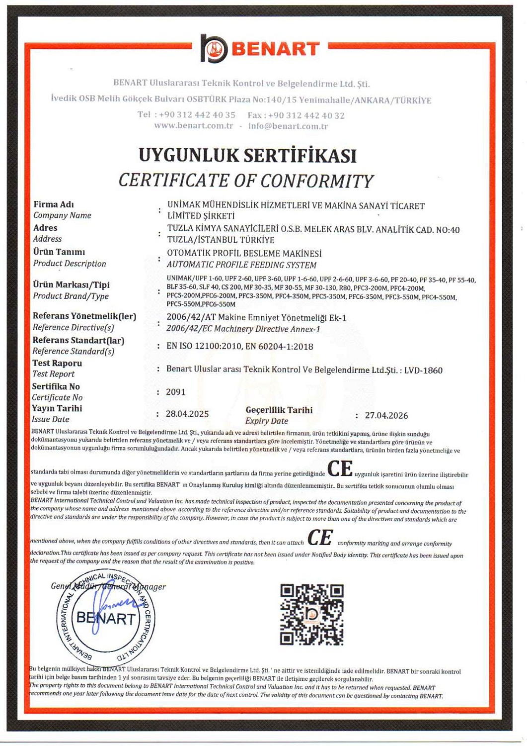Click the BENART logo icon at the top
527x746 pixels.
click(214, 48)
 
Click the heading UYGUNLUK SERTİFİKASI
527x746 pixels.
click(247, 155)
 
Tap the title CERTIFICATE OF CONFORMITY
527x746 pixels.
click(245, 181)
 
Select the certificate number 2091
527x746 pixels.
click(175, 392)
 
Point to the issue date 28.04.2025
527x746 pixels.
click(187, 414)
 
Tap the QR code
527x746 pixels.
click(311, 614)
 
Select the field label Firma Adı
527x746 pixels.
click(54, 204)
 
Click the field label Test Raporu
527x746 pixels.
click(57, 363)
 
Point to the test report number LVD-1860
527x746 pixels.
click(423, 370)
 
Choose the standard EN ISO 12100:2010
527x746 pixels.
click(204, 346)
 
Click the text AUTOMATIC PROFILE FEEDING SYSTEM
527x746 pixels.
click(241, 265)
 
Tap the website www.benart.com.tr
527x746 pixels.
click(193, 126)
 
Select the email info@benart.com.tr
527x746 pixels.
click(288, 126)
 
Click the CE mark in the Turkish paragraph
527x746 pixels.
click(340, 468)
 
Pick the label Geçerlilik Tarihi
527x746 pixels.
click(279, 410)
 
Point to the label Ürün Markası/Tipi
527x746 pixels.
click(71, 284)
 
